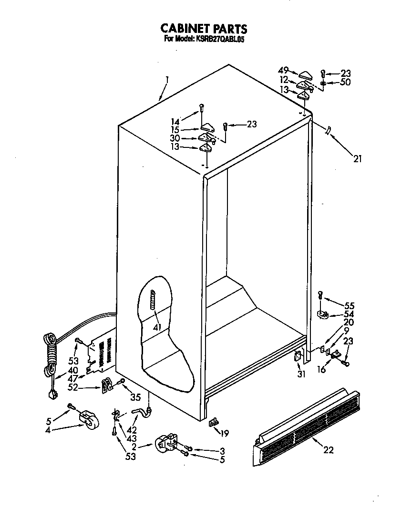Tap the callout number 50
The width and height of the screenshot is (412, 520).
point(345,82)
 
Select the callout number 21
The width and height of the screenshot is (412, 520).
point(357,159)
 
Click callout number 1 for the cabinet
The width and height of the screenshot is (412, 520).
point(167,80)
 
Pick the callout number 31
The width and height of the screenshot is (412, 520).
point(301,374)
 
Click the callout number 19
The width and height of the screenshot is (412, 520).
point(225,433)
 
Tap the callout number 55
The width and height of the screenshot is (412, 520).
point(350,305)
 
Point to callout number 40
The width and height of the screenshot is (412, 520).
point(72,370)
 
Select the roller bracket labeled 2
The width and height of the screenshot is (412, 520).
point(167,444)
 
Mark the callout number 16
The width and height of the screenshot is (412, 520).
point(322,369)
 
